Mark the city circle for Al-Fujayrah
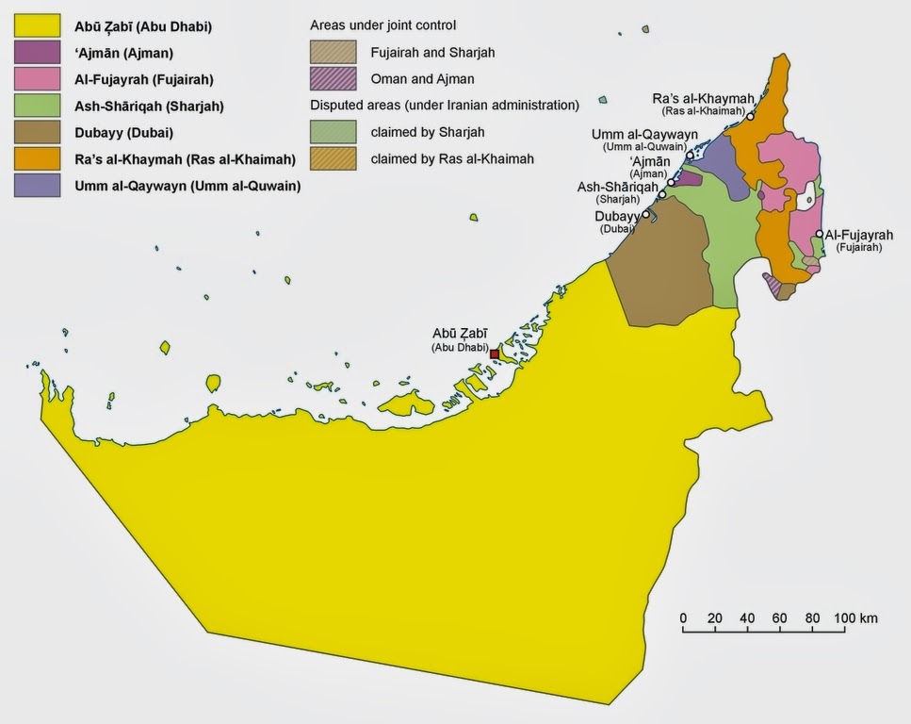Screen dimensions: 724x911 pyautogui.click(x=820, y=234)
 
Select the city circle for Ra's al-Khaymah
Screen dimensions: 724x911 pyautogui.click(x=750, y=117)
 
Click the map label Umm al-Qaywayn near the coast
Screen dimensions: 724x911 pyautogui.click(x=640, y=135)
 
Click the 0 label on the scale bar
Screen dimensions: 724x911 pyautogui.click(x=683, y=618)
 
